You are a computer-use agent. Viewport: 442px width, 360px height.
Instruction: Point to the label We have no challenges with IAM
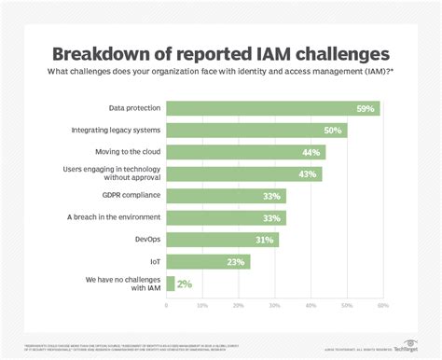[x=123, y=284]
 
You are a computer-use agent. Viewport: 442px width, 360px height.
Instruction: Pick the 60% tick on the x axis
[x=381, y=306]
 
